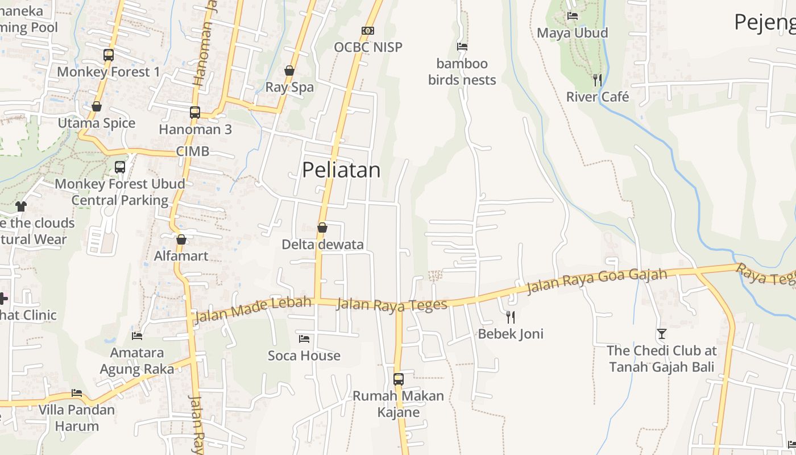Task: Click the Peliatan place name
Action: (x=341, y=170)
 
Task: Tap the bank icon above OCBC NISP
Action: (x=368, y=31)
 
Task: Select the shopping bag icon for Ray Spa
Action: (x=289, y=71)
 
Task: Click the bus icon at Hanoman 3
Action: (x=195, y=113)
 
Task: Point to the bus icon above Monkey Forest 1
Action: (x=109, y=55)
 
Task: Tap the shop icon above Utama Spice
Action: (x=97, y=106)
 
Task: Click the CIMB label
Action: (x=193, y=151)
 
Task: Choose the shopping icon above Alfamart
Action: (x=181, y=239)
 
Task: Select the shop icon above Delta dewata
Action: (x=322, y=227)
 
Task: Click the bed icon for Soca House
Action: (x=304, y=339)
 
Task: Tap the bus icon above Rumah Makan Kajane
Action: (x=399, y=379)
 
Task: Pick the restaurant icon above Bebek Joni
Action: (x=511, y=317)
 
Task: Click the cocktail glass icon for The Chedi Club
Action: (x=662, y=334)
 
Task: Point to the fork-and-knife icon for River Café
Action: (x=598, y=80)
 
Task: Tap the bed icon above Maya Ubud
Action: (x=573, y=16)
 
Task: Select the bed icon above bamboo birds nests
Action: (x=462, y=47)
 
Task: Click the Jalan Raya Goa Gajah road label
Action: (x=596, y=282)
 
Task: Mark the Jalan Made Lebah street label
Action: (x=253, y=310)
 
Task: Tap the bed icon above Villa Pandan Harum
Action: (x=77, y=393)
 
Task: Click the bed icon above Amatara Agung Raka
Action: (x=137, y=336)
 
